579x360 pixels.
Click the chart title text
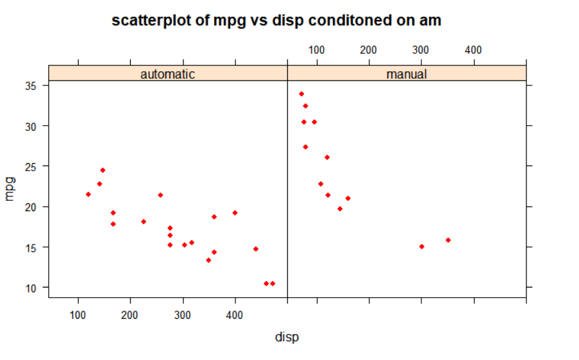[276, 20]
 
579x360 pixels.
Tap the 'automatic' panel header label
[167, 74]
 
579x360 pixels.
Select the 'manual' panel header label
[407, 74]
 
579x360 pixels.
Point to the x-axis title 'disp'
[287, 337]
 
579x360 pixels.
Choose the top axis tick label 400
[473, 49]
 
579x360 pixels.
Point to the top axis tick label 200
[367, 49]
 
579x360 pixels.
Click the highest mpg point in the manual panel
[301, 94]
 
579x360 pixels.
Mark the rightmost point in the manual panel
[448, 240]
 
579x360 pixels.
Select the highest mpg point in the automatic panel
[103, 170]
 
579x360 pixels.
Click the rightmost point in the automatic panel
[273, 283]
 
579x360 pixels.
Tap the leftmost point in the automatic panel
[88, 194]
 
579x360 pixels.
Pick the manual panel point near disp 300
[421, 246]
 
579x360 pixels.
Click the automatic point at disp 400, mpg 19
[235, 212]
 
